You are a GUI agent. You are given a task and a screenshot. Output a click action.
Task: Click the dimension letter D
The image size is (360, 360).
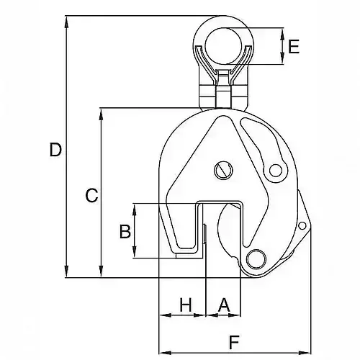pos(55,150)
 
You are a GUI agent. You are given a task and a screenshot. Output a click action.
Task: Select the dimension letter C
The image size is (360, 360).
pos(91,194)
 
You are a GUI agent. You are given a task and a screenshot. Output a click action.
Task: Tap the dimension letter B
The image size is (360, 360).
pos(124,231)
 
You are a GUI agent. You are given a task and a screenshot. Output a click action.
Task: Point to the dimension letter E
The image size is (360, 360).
pos(293,48)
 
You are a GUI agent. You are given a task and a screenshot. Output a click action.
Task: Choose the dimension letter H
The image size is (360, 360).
pos(186,305)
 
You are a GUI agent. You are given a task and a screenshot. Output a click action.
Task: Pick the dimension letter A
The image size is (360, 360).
pos(224,305)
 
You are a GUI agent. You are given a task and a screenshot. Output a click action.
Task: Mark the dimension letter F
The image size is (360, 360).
pos(234,341)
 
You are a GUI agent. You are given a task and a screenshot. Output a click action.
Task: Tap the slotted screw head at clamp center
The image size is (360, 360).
pos(223,170)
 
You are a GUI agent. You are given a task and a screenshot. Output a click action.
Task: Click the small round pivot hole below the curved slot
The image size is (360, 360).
pos(274,171)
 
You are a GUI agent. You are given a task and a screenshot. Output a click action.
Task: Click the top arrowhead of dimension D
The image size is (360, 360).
pos(67,19)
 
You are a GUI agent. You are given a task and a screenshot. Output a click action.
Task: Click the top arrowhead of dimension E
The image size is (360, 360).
pos(283,32)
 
